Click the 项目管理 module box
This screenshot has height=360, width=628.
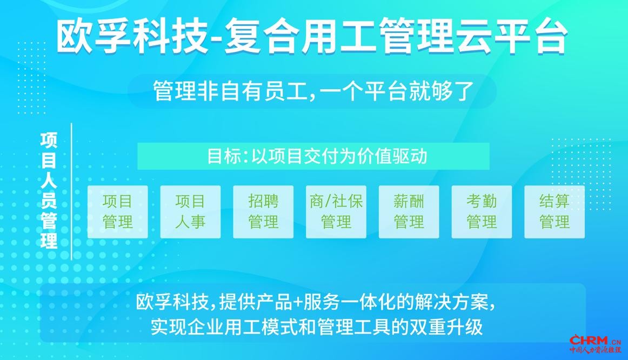[117, 212]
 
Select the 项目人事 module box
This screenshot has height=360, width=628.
[190, 212]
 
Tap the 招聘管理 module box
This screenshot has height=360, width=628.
[263, 212]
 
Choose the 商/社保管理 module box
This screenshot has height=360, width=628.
[336, 212]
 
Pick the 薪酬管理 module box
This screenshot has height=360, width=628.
[409, 212]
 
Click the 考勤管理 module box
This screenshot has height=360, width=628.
[482, 212]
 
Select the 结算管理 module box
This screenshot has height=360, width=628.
[554, 212]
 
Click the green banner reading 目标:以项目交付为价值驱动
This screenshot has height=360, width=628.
[313, 156]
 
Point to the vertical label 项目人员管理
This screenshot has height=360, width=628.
[49, 191]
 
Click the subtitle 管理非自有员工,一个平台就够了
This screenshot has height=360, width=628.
[313, 91]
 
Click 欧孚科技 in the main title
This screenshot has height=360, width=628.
[132, 37]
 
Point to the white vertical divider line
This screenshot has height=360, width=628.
[71, 191]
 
